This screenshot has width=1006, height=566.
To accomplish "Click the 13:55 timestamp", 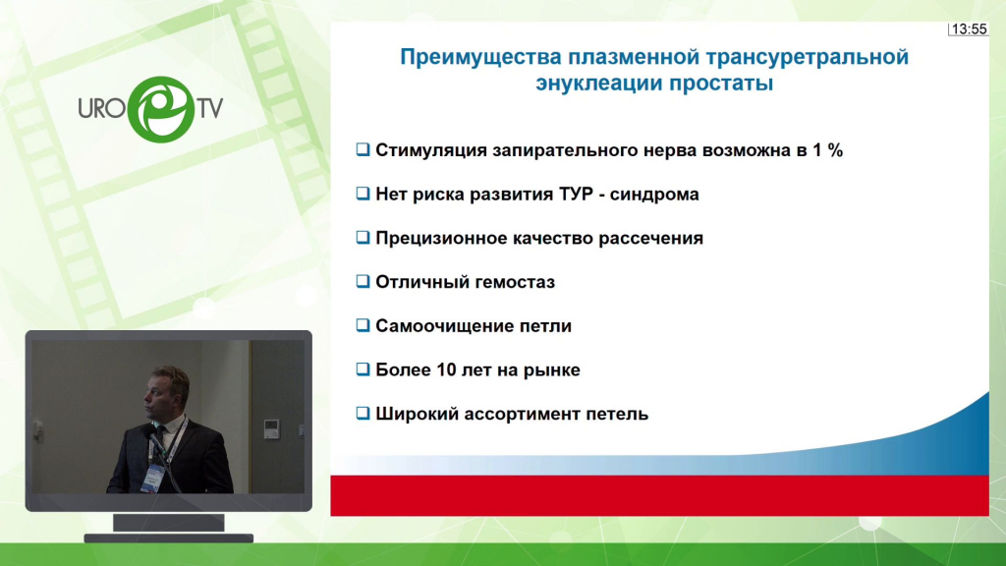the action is [x=969, y=28].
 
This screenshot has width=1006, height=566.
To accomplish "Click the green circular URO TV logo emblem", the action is [x=160, y=109].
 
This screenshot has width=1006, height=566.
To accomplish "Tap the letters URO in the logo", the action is [x=102, y=108].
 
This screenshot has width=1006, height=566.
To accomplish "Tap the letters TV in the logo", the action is [x=210, y=108].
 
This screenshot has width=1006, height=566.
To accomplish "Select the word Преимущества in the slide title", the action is [x=480, y=57].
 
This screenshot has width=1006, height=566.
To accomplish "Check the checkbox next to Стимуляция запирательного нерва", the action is [x=363, y=149].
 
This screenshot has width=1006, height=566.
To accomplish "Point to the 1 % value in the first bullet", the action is [x=827, y=150].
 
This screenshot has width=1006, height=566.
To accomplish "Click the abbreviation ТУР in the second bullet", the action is [x=576, y=194].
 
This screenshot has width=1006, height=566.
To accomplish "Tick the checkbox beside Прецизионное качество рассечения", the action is [x=363, y=238].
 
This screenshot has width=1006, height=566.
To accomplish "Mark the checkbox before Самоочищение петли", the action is [x=363, y=325].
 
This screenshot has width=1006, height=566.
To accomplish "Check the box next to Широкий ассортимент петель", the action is [x=363, y=414].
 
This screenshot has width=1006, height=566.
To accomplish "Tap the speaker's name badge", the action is [x=152, y=479].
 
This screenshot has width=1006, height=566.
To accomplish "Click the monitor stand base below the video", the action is [x=169, y=538].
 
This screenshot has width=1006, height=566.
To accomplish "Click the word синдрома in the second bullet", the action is [x=654, y=194].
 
